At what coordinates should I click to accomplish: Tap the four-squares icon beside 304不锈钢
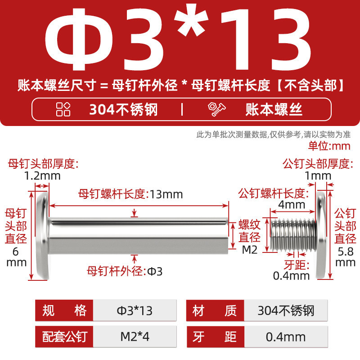(x=63, y=109)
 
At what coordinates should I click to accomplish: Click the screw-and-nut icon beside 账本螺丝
(x=217, y=109)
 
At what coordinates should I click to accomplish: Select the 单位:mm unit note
(x=329, y=146)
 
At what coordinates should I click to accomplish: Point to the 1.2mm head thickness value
(x=42, y=176)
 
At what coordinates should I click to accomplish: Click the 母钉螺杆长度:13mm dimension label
(x=130, y=194)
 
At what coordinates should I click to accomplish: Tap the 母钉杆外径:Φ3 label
(x=125, y=271)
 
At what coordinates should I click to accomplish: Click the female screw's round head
(x=43, y=235)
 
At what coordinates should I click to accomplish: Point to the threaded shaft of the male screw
(x=293, y=234)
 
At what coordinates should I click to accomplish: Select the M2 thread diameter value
(x=250, y=250)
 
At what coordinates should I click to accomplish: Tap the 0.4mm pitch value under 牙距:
(x=291, y=276)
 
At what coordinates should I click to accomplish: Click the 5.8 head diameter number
(x=346, y=252)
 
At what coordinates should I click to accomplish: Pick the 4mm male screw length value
(x=292, y=204)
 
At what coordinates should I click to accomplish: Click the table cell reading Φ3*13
(x=135, y=310)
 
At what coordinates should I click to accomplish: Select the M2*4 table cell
(x=135, y=337)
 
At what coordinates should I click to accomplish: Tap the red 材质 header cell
(x=215, y=310)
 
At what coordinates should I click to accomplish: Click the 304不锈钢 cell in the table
(x=286, y=310)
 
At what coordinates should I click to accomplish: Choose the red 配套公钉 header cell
(x=64, y=337)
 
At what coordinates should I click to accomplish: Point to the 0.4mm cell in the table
(x=286, y=337)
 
